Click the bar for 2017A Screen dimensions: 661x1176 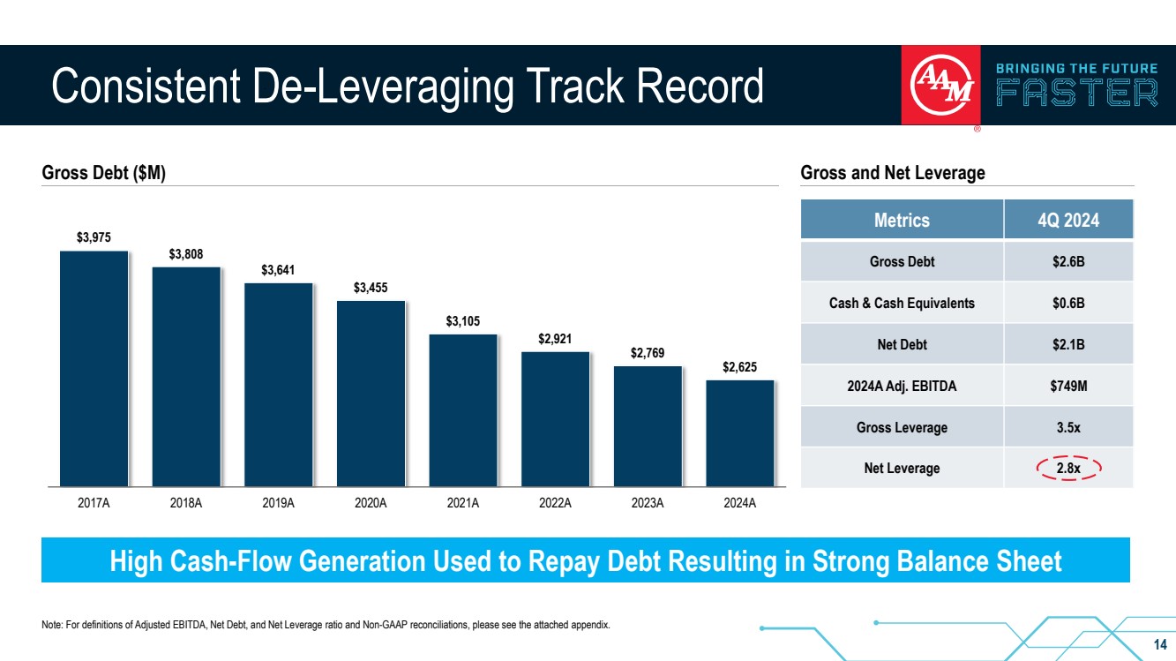tap(94, 368)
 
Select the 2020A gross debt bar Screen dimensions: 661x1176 tap(371, 393)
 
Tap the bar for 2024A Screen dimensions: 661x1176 tap(740, 432)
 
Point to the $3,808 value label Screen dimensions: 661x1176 tap(186, 254)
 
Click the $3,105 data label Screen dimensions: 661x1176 tap(463, 320)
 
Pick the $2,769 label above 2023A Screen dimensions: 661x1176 tap(648, 353)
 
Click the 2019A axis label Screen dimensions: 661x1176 tap(278, 504)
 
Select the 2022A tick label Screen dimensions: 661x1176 tap(555, 504)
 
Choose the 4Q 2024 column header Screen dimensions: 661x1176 tap(1068, 220)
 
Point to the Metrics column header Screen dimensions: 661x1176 tap(902, 220)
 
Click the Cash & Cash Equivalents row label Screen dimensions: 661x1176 tap(902, 303)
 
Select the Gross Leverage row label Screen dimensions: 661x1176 tap(902, 427)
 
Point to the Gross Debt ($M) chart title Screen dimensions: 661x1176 tap(104, 174)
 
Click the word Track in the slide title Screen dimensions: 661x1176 tap(577, 86)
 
